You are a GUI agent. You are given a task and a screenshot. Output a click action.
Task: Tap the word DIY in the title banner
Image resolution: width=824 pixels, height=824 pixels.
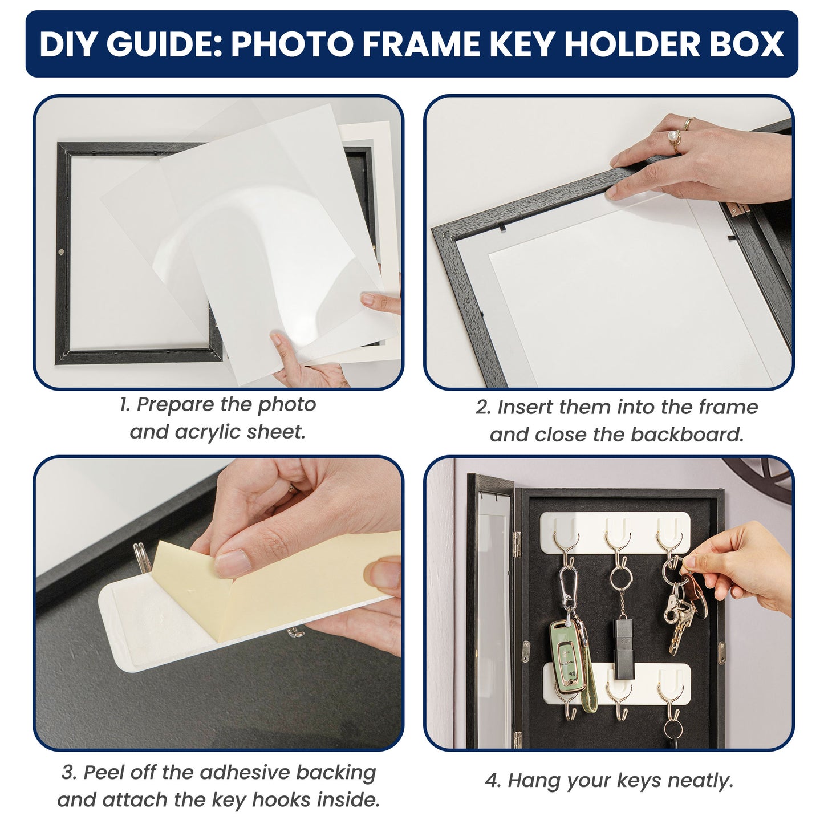click(x=68, y=44)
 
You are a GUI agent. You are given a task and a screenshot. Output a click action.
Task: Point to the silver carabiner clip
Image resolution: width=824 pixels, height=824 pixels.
click(x=568, y=587)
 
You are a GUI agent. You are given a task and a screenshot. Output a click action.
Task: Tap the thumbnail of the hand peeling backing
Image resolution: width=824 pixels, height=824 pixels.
click(x=218, y=603)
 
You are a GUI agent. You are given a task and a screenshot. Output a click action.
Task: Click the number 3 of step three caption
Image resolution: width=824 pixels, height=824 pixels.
click(x=68, y=773)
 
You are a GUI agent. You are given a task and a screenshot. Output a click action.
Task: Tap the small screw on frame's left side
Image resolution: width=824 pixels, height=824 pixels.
click(x=61, y=251)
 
